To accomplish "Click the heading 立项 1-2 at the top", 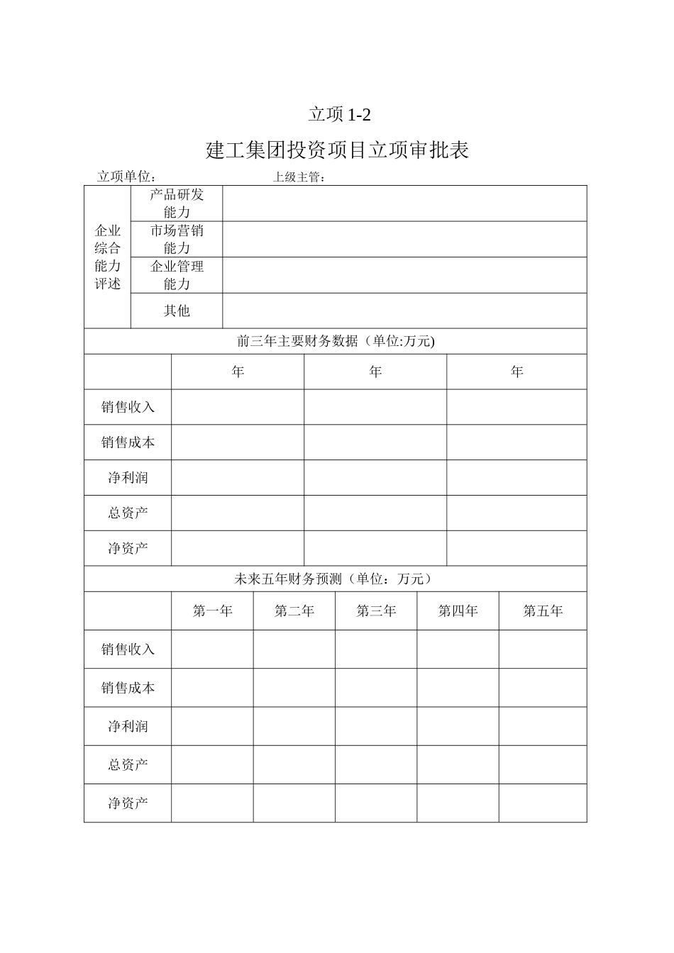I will (339, 114).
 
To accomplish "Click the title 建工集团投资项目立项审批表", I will (337, 150).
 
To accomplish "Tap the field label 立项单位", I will (126, 177).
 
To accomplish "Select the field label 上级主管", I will (298, 177).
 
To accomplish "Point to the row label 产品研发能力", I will (177, 204).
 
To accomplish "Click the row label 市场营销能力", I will (177, 239).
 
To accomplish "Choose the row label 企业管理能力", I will (177, 275).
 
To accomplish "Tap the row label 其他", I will (177, 311).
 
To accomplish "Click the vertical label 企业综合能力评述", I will (108, 257).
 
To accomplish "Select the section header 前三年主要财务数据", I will (336, 341).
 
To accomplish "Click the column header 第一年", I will (212, 611).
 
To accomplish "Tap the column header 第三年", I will (376, 611).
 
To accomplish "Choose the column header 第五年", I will (543, 611).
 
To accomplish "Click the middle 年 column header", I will (375, 372).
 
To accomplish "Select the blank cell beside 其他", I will (404, 311).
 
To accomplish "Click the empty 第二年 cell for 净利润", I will (294, 726).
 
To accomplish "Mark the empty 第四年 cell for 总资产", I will (458, 764).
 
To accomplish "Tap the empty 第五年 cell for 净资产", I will (543, 803).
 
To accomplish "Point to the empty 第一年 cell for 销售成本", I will (212, 688).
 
